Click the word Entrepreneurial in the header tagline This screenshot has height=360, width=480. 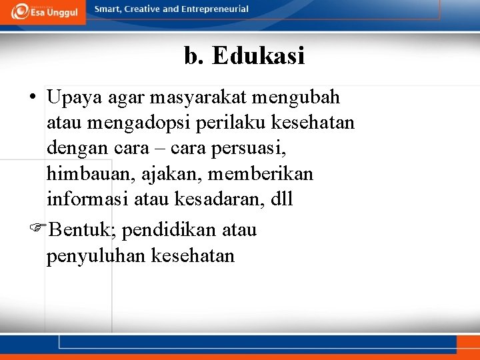pyautogui.click(x=214, y=9)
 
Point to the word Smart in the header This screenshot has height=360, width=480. pyautogui.click(x=109, y=9)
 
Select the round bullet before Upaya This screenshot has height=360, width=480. pyautogui.click(x=32, y=98)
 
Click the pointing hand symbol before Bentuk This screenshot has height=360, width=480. pyautogui.click(x=39, y=231)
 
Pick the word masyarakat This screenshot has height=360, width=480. pyautogui.click(x=199, y=98)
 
